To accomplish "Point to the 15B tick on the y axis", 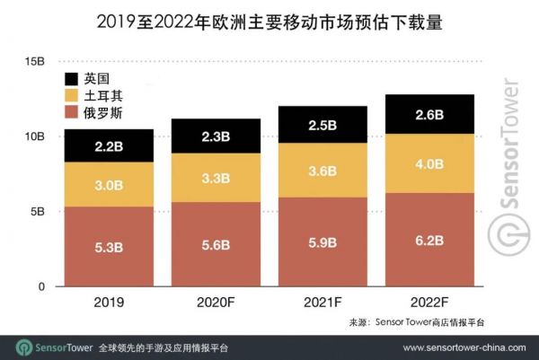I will [x=35, y=61].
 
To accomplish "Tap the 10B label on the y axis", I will [x=35, y=136].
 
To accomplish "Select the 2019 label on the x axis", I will [x=102, y=303].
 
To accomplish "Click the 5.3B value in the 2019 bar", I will [x=102, y=246].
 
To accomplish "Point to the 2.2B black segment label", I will [x=102, y=146].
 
